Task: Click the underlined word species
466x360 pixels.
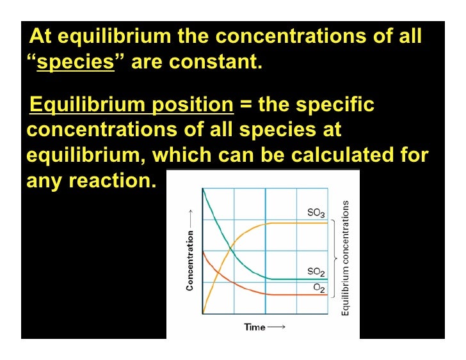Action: tap(76, 64)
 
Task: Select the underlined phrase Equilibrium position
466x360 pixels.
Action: tap(132, 104)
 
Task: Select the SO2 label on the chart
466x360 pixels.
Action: tap(316, 272)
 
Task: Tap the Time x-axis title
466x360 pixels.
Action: tap(255, 327)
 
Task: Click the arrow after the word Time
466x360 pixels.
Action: tap(277, 327)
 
